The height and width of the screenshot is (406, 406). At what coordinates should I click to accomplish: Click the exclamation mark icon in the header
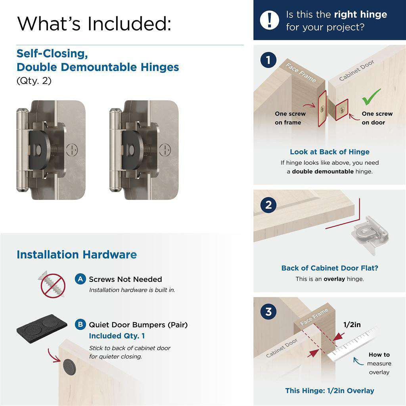[270, 19]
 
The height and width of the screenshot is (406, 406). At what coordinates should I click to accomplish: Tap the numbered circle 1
[268, 60]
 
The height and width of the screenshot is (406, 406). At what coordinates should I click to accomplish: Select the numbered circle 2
[268, 205]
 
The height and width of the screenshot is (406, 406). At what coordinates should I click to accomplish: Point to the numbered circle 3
[268, 312]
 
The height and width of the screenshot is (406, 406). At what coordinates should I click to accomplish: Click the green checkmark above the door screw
[371, 97]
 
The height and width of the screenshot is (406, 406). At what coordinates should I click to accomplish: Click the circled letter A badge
[80, 279]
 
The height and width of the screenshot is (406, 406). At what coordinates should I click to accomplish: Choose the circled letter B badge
[80, 325]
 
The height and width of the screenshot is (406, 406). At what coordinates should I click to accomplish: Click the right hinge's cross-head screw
[165, 150]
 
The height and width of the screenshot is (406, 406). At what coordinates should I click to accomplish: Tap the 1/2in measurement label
[352, 325]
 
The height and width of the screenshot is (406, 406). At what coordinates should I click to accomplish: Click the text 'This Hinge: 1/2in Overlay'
[329, 391]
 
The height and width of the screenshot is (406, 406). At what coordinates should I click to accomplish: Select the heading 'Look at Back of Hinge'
[329, 152]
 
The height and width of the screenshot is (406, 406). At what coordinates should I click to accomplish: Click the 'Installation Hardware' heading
[77, 255]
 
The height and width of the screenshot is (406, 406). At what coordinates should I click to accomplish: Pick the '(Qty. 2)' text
[34, 81]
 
